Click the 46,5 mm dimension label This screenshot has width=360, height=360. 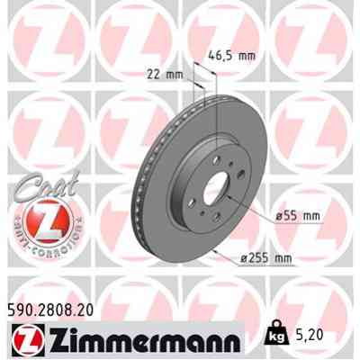(x=232, y=56)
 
